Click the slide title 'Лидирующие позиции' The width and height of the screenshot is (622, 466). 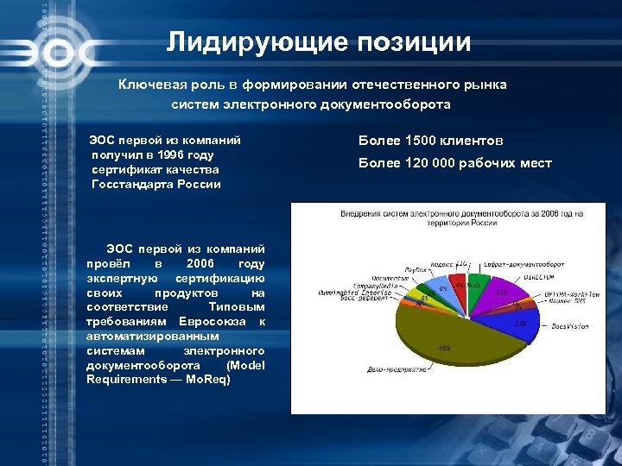[x=319, y=42]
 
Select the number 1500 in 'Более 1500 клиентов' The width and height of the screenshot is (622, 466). [x=421, y=141]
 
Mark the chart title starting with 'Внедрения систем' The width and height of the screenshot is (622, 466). [x=461, y=215]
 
